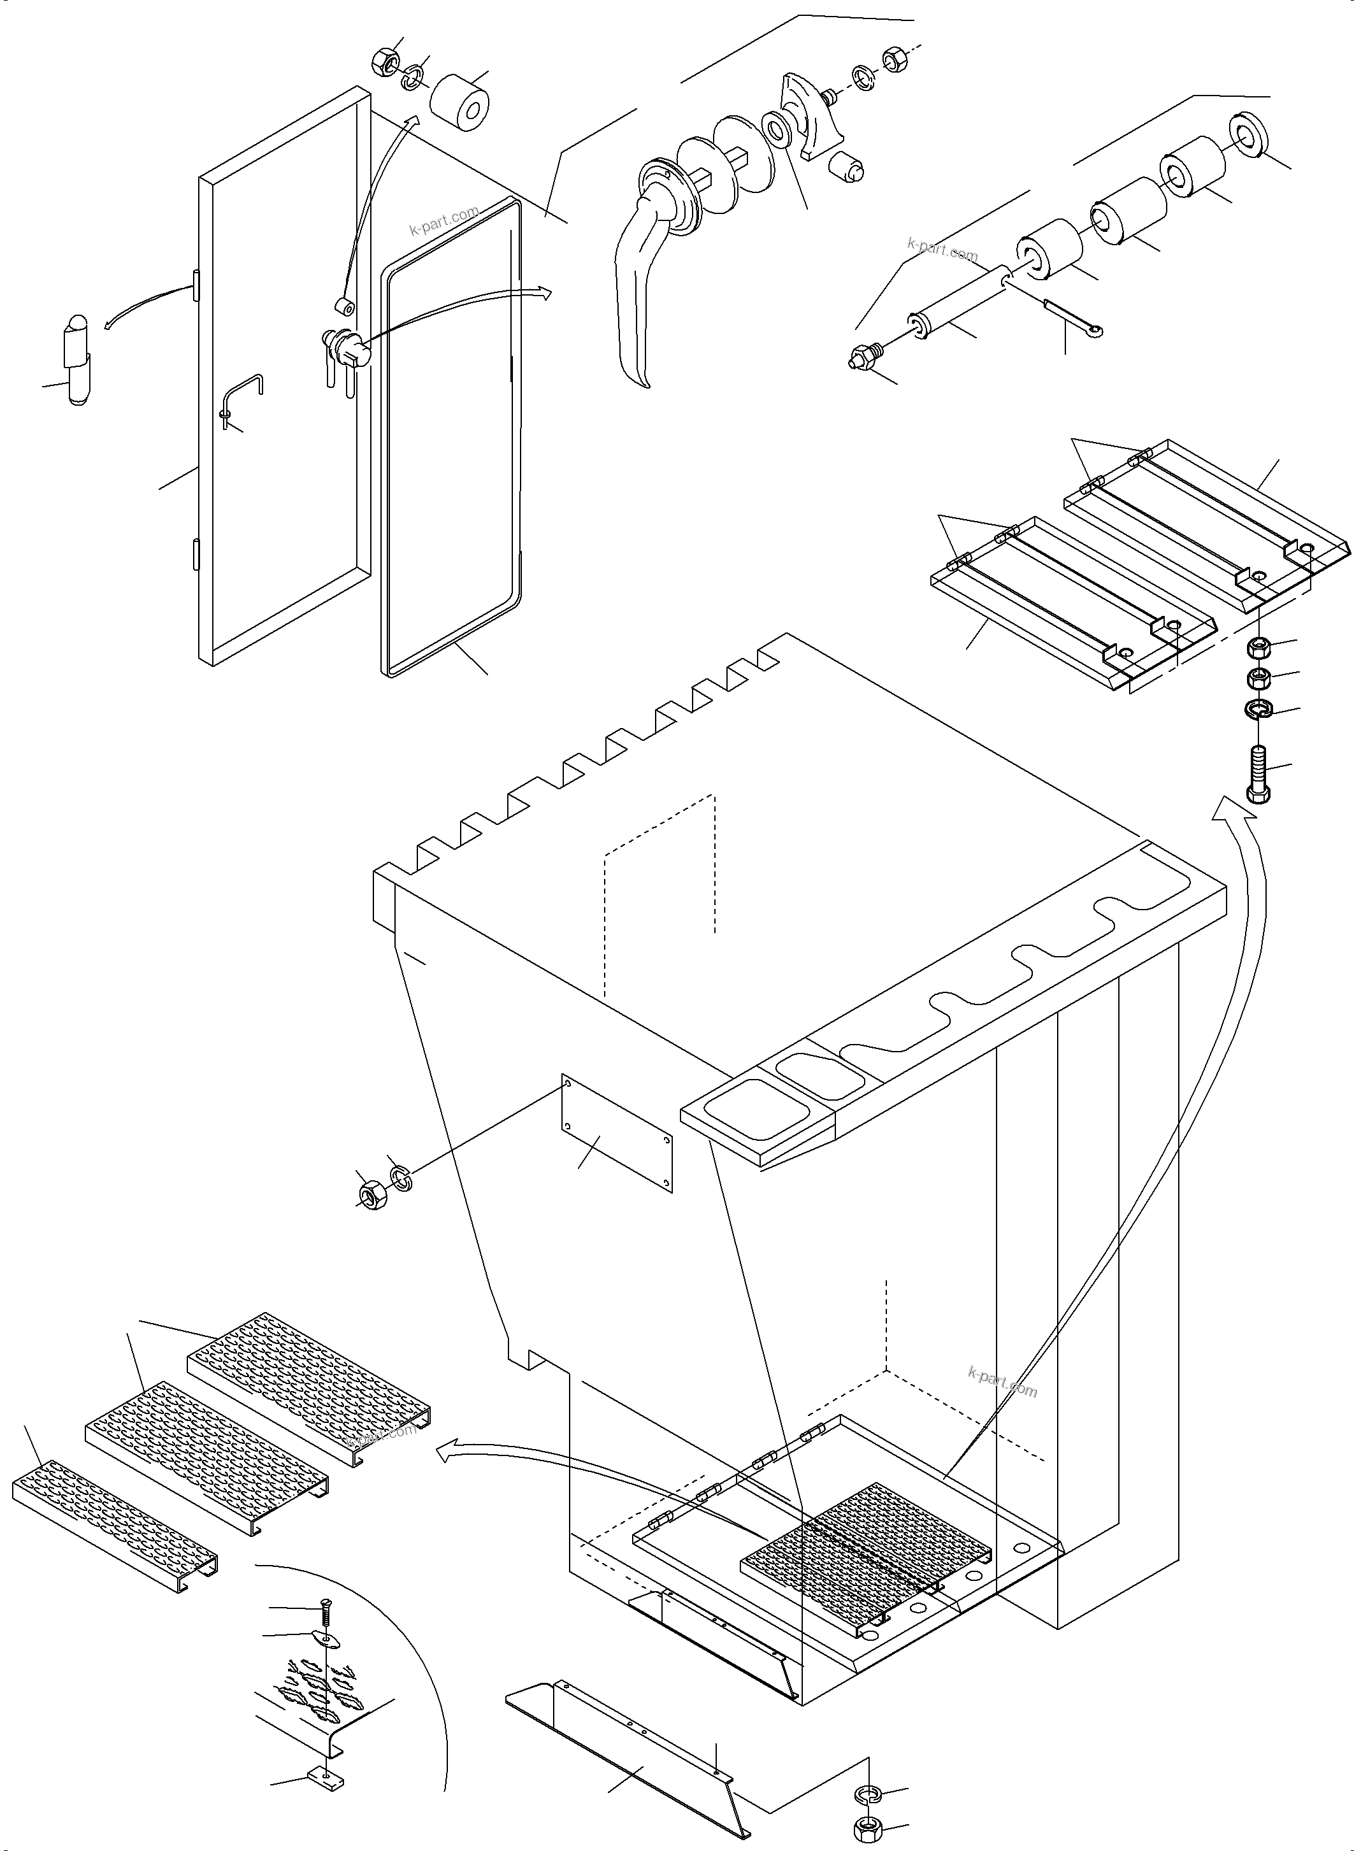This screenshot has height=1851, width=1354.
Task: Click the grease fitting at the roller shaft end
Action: click(x=861, y=358)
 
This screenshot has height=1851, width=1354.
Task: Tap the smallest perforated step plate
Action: click(x=115, y=1522)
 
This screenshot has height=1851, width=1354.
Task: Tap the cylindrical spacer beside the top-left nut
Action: click(x=460, y=103)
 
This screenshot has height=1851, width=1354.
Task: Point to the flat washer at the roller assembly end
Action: click(x=1248, y=132)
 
